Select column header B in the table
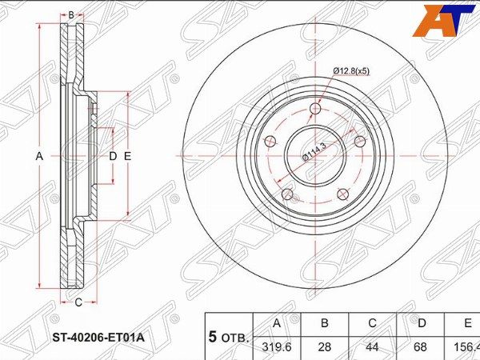[325, 323]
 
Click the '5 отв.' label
[228, 335]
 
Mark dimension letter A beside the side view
[38, 157]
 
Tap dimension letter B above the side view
[70, 15]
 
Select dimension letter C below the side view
[78, 302]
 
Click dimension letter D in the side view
[113, 157]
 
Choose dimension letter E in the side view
[127, 157]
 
